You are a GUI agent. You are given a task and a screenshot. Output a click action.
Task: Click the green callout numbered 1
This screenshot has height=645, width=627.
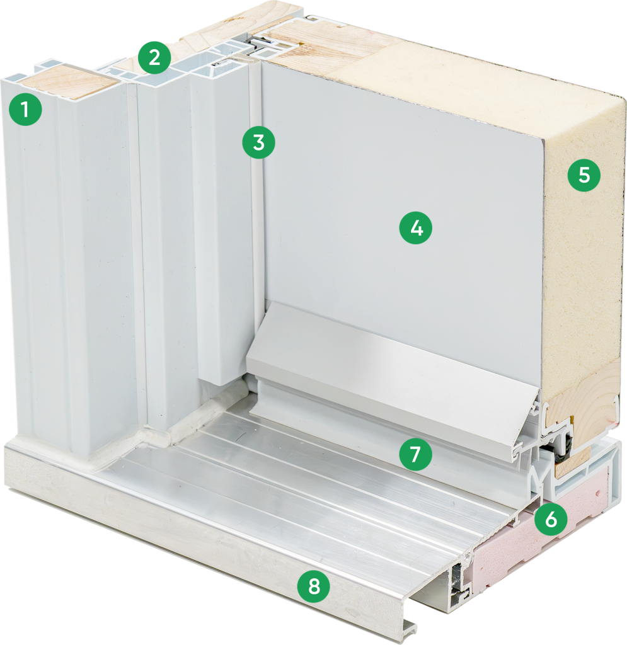pyautogui.click(x=25, y=110)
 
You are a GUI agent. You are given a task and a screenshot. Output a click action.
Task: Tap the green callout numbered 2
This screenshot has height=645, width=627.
pyautogui.click(x=154, y=57)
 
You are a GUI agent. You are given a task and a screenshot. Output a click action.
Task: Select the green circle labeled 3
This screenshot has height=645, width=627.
pyautogui.click(x=258, y=143)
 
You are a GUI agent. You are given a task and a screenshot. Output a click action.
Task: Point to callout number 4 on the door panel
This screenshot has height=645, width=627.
pyautogui.click(x=415, y=227)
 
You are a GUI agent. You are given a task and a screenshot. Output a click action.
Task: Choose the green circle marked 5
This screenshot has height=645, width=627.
pyautogui.click(x=584, y=175)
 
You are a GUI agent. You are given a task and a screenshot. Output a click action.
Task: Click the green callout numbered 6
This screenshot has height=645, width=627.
pyautogui.click(x=551, y=520)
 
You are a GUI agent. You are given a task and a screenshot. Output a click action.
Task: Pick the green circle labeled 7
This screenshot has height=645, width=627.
pyautogui.click(x=415, y=455)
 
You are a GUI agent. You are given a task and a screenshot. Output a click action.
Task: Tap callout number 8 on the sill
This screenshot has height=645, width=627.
pyautogui.click(x=314, y=586)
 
